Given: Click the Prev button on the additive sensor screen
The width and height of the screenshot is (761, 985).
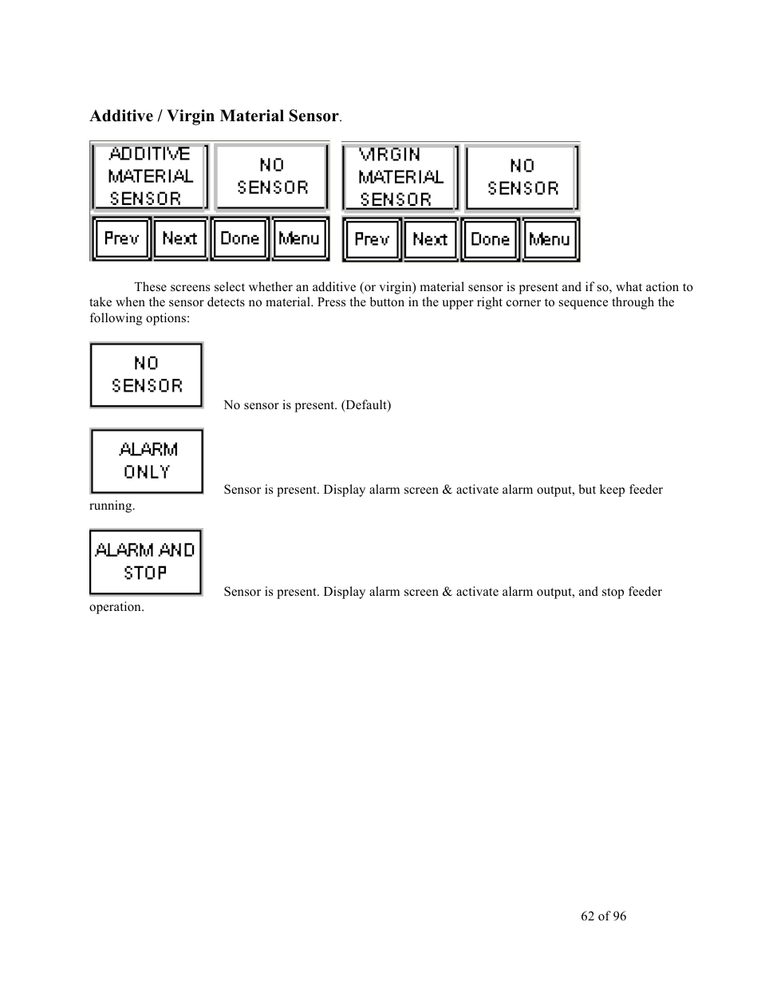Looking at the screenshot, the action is [x=121, y=238].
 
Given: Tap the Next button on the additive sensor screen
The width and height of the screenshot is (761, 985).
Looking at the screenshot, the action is [x=180, y=238].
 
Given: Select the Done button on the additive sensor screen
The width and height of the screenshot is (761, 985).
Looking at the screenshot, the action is [x=240, y=238].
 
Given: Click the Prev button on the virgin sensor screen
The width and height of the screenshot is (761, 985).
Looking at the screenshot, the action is [x=372, y=239].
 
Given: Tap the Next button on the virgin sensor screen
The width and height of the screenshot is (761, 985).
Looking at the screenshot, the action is [x=430, y=239].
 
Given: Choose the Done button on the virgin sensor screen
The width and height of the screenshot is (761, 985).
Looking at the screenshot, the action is [x=490, y=239].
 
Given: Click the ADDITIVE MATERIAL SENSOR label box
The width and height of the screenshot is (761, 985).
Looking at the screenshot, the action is [x=150, y=177].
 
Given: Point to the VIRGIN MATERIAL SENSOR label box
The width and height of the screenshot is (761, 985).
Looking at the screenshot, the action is [x=400, y=178].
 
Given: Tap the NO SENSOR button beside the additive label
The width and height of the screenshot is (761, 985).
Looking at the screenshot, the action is [x=272, y=177].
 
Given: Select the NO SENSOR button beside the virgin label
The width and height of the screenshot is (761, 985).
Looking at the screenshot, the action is [x=522, y=178].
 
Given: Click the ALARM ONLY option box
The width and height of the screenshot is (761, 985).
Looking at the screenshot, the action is [x=147, y=461].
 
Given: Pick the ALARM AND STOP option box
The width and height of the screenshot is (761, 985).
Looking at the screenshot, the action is [x=146, y=562].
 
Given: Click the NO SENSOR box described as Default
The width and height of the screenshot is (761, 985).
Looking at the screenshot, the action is [x=147, y=376].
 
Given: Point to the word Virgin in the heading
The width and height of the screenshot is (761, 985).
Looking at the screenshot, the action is [x=191, y=116].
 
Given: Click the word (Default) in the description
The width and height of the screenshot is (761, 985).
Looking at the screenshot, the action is [x=366, y=405].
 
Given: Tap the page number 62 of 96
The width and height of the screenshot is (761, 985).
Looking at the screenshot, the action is [x=603, y=916].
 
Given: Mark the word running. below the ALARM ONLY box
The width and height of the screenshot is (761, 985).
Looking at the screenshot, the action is [x=112, y=506].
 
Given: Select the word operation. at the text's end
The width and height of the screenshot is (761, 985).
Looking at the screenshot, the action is [x=116, y=608].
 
